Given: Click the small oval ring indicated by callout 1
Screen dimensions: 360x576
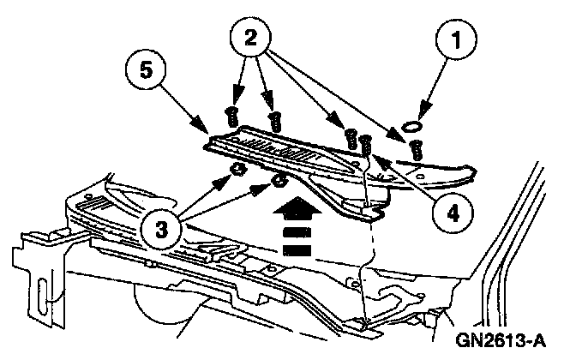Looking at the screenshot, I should [412, 126].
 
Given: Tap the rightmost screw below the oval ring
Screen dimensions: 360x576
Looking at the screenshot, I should [417, 148].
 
